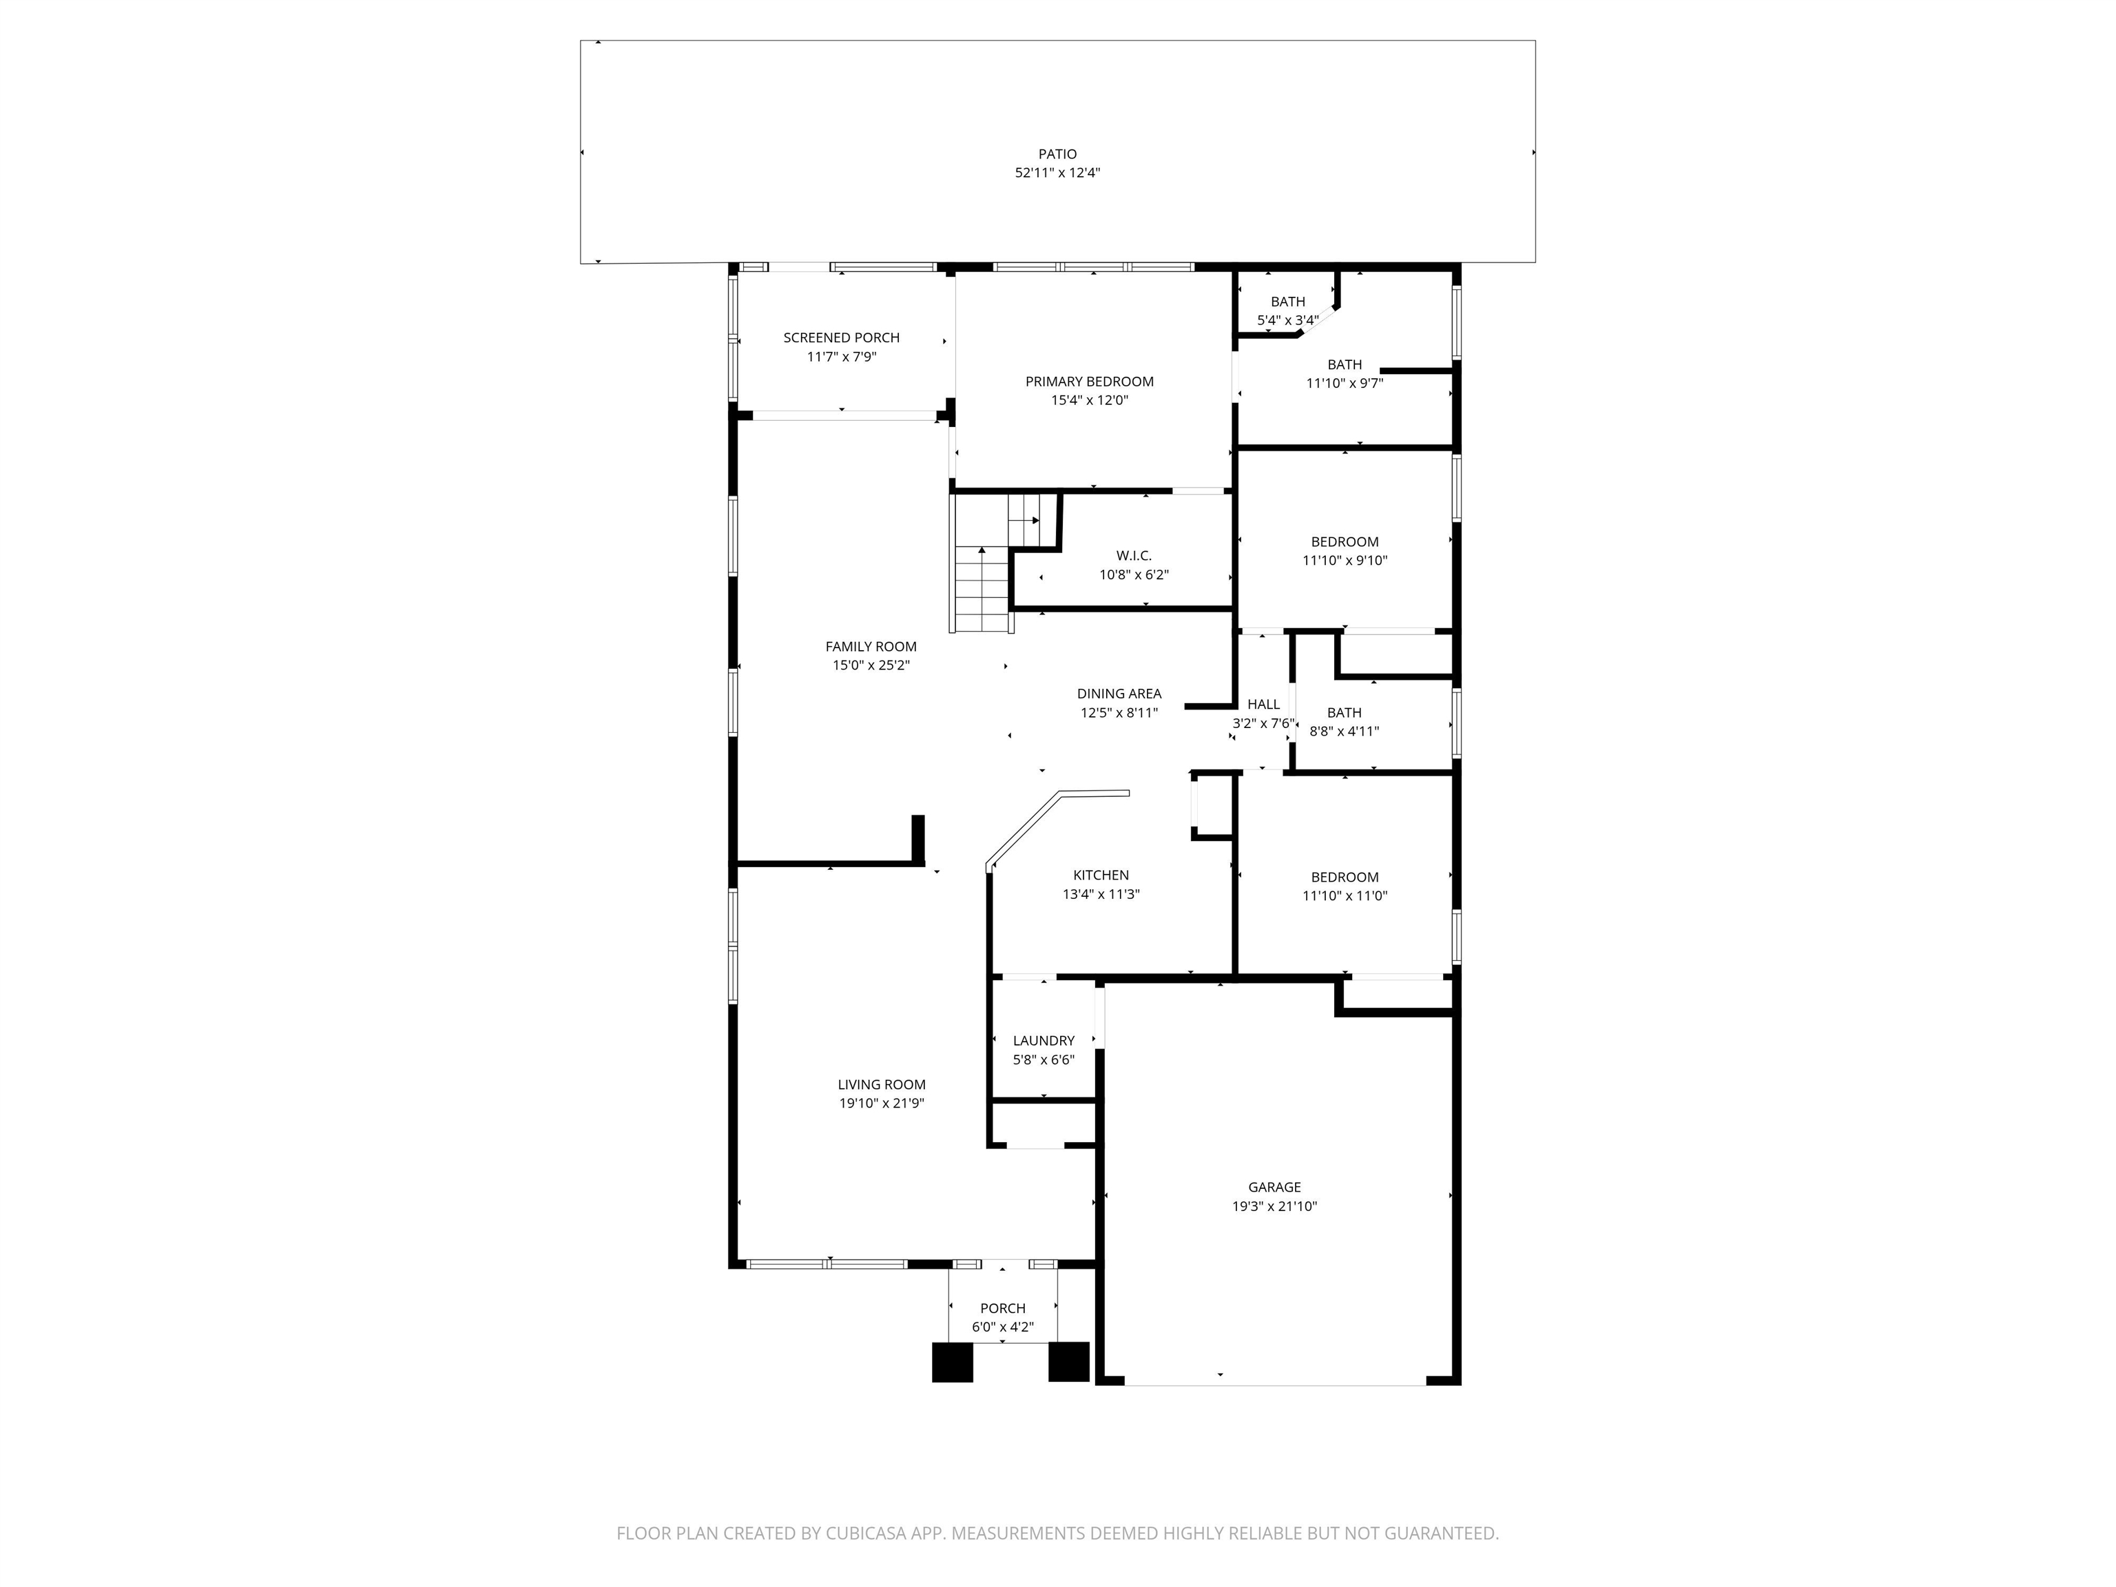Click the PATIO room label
(x=1057, y=154)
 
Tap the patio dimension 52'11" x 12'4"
(x=1057, y=173)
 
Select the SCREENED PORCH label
(x=841, y=338)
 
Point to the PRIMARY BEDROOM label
(x=1090, y=382)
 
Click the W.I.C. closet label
(x=1134, y=556)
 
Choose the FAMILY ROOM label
(x=871, y=647)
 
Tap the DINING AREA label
(x=1119, y=694)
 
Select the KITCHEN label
(x=1101, y=875)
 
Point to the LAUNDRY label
(x=1044, y=1041)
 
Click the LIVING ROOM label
(x=881, y=1085)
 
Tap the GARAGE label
(x=1274, y=1187)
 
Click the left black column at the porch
(x=952, y=1363)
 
